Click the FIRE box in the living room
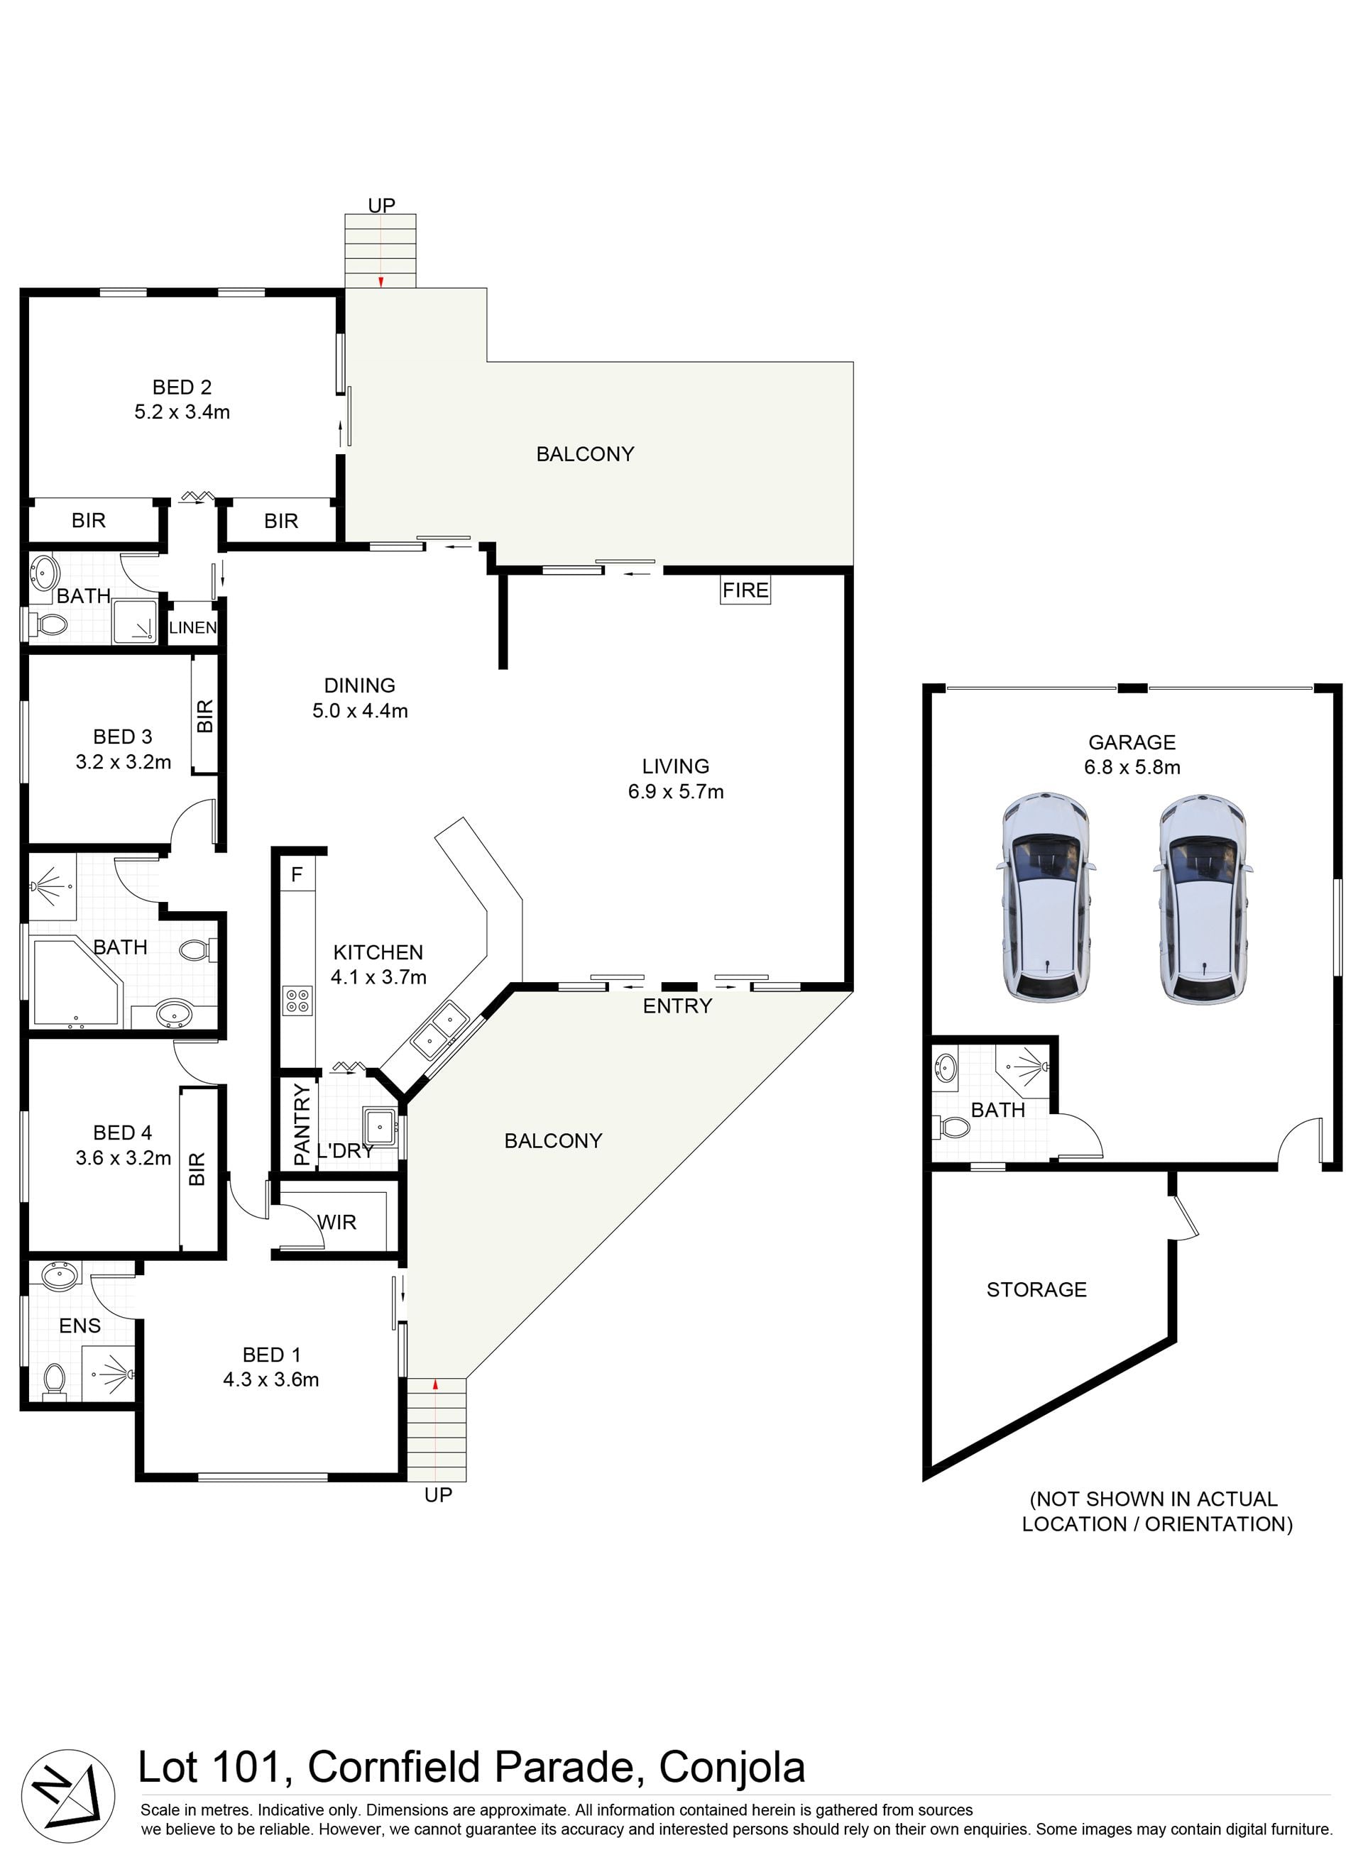click(x=745, y=590)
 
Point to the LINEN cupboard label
click(x=193, y=627)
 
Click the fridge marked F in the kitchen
click(x=297, y=874)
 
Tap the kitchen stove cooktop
click(x=297, y=1001)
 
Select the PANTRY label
click(x=302, y=1124)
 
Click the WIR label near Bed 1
click(x=337, y=1222)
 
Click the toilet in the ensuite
click(x=55, y=1380)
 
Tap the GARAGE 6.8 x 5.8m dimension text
click(x=1132, y=767)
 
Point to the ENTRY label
click(x=677, y=1006)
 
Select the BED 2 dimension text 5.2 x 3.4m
click(x=182, y=412)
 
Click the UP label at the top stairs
click(x=381, y=204)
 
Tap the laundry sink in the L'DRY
click(x=381, y=1124)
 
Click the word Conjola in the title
click(x=732, y=1767)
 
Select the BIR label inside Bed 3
click(x=205, y=716)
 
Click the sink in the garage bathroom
click(x=946, y=1068)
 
